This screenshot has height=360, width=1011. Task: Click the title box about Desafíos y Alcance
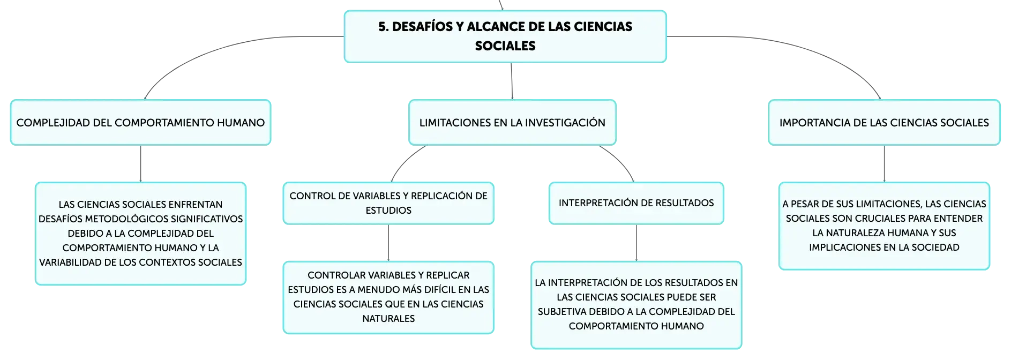coord(505,36)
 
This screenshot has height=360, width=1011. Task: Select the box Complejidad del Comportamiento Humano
coord(140,122)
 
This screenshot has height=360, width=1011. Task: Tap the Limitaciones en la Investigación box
coord(512,122)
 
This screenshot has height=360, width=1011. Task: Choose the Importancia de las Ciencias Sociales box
coord(884,122)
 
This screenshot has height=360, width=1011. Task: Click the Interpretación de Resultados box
coord(636,203)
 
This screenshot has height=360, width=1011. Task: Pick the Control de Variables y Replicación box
coord(388,203)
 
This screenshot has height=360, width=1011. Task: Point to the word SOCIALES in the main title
coord(505,46)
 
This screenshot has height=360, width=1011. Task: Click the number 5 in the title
coord(382,27)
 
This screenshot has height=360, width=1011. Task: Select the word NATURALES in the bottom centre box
coord(388,319)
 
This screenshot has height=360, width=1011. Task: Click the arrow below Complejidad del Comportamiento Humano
coord(140,164)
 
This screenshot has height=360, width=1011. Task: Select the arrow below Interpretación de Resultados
coord(636,243)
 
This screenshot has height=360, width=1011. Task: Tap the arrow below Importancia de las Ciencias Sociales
coord(884,164)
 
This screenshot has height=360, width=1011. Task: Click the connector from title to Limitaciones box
coord(512,81)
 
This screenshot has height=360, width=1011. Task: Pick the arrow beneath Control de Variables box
coord(388,243)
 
